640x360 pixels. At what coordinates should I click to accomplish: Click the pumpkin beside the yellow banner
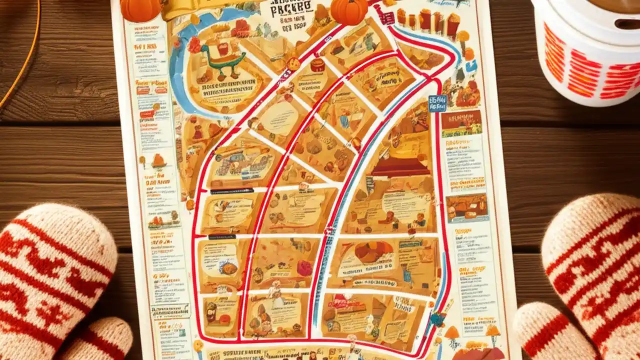140,9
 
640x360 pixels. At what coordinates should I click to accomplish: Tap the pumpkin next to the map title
348,11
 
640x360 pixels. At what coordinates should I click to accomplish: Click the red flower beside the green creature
194,44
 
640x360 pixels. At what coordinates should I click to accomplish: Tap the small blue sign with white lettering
437,102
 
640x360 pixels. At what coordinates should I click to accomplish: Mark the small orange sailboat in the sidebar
159,161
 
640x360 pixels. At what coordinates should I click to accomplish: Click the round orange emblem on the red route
293,63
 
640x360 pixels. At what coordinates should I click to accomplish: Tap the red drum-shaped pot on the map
317,65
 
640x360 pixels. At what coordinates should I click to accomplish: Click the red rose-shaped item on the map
304,268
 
